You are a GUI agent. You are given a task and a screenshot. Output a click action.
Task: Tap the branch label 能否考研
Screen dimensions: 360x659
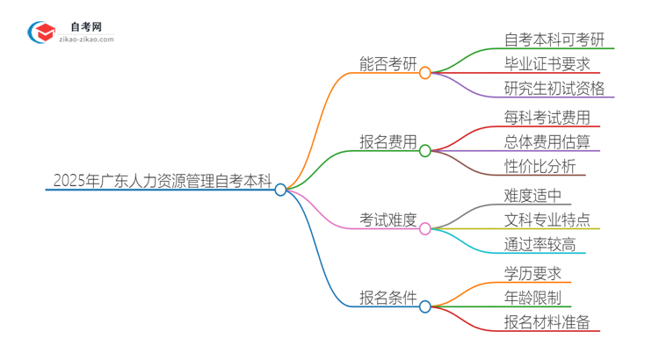[388, 63]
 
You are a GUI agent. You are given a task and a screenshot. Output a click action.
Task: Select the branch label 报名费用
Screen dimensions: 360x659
[388, 140]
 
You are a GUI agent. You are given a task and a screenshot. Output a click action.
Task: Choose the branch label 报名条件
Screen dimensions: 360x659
[388, 297]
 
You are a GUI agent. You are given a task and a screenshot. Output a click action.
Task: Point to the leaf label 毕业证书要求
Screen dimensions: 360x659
[547, 64]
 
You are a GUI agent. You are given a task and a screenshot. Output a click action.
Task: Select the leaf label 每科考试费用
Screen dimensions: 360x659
[547, 117]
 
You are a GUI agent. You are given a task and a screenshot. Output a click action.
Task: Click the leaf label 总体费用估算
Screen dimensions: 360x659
[547, 141]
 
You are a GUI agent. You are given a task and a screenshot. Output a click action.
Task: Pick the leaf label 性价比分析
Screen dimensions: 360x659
[540, 166]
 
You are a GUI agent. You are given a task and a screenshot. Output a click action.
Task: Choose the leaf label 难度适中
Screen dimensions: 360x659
[532, 195]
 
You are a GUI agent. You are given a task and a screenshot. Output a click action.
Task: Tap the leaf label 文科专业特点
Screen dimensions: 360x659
[547, 220]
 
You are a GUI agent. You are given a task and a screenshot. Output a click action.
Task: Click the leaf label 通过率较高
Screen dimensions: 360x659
[540, 244]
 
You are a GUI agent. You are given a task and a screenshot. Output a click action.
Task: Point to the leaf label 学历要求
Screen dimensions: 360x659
[532, 273]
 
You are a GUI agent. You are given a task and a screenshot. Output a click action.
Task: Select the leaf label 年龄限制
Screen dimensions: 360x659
[532, 298]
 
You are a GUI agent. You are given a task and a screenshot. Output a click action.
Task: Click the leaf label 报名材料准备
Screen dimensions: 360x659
[547, 322]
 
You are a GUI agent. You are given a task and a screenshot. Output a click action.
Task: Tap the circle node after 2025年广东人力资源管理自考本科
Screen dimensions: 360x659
[280, 189]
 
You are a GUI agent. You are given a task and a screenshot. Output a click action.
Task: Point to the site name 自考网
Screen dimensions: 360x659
[83, 26]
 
